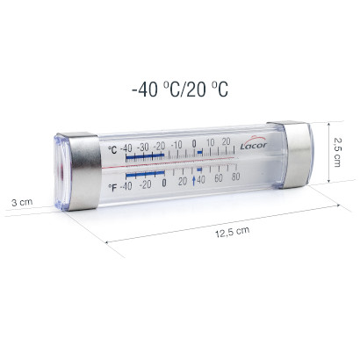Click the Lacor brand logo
pyautogui.click(x=254, y=144)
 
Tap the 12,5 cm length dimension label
pyautogui.click(x=233, y=232)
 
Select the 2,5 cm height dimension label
pyautogui.click(x=336, y=152)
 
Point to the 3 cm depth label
pyautogui.click(x=22, y=202)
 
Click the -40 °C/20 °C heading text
pyautogui.click(x=180, y=89)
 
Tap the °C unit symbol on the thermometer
pyautogui.click(x=112, y=150)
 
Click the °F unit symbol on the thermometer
pyautogui.click(x=112, y=187)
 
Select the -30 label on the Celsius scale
pyautogui.click(x=143, y=148)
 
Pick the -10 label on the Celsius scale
pyautogui.click(x=176, y=145)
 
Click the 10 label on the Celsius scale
pyautogui.click(x=211, y=143)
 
